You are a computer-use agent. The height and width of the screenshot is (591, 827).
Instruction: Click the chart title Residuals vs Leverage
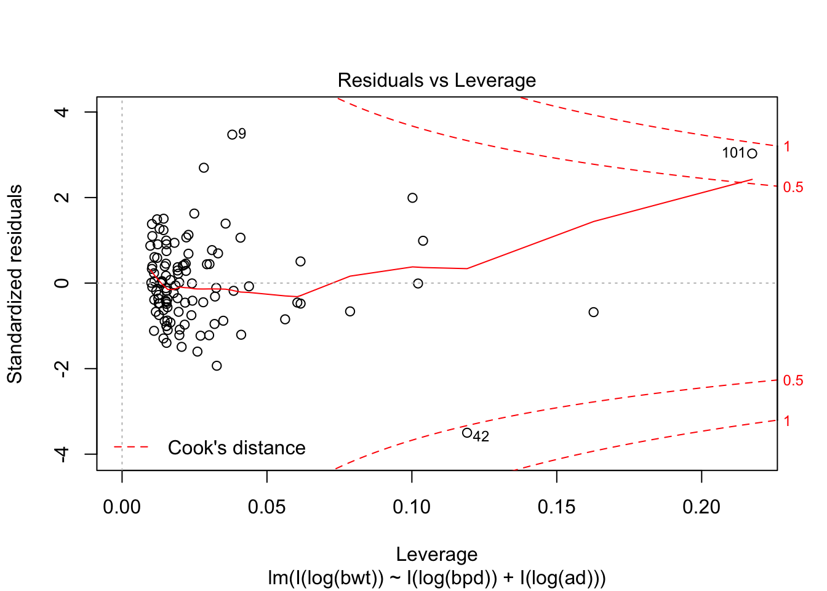coord(437,81)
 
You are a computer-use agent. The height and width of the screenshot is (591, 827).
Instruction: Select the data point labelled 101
coord(752,153)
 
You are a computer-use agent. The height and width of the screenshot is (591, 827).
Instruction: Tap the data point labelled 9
coord(232,135)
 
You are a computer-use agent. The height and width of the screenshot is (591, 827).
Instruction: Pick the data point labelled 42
coord(467,433)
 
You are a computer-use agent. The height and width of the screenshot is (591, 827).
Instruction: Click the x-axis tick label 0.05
coord(266,507)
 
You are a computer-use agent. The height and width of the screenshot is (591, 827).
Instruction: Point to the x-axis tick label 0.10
coord(412,507)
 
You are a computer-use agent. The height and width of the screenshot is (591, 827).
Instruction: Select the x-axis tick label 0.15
coord(556,507)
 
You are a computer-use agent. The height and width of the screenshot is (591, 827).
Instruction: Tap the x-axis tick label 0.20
coord(701,507)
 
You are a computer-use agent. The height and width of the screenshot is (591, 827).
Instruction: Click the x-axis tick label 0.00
coord(122,507)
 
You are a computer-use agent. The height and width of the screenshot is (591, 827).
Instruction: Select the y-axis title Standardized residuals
coord(15,283)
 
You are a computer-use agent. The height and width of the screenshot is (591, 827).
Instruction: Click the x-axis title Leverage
coord(437,555)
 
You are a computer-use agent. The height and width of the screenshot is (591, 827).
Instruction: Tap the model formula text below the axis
coord(437,578)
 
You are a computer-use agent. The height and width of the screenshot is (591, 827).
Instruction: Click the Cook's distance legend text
coord(237,448)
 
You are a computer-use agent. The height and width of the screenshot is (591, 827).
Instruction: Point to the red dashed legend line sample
coord(131,447)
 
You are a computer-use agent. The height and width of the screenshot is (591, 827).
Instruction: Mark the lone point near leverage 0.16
coord(593,312)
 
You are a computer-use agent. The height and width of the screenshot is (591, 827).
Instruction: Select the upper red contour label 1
coord(787,147)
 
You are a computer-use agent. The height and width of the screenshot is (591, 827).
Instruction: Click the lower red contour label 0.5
coord(793,380)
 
